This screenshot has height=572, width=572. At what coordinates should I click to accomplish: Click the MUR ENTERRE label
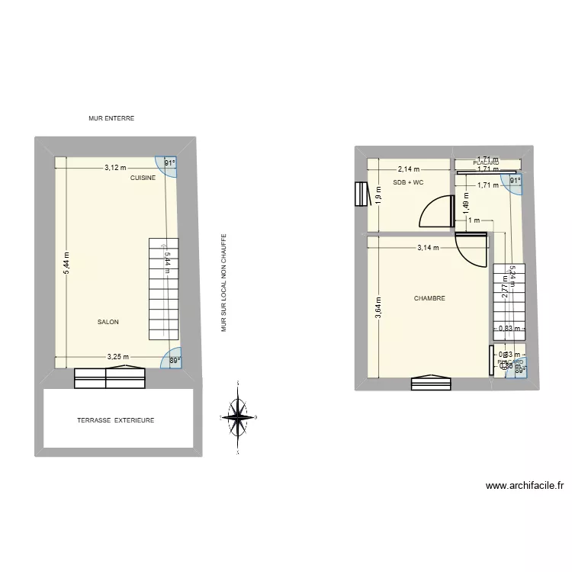(111, 118)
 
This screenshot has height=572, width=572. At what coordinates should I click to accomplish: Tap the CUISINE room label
(143, 178)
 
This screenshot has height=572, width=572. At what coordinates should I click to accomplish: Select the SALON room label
(108, 322)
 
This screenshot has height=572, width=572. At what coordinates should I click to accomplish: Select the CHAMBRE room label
(429, 299)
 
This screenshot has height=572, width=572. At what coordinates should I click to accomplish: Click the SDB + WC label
(408, 183)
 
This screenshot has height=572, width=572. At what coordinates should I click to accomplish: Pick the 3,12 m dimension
(116, 168)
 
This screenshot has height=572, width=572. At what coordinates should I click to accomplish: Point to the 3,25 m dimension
(117, 356)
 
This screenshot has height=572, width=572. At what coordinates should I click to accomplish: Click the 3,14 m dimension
(428, 247)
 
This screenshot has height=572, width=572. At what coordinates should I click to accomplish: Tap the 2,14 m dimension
(408, 169)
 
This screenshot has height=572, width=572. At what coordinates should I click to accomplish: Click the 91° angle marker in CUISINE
(171, 163)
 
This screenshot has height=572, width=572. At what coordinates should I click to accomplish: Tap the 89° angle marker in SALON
(175, 361)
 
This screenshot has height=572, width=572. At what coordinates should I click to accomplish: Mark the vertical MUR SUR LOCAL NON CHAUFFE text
(224, 282)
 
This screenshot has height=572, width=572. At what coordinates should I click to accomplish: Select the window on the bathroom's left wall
(360, 194)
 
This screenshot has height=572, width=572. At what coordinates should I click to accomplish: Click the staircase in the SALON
(163, 289)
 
